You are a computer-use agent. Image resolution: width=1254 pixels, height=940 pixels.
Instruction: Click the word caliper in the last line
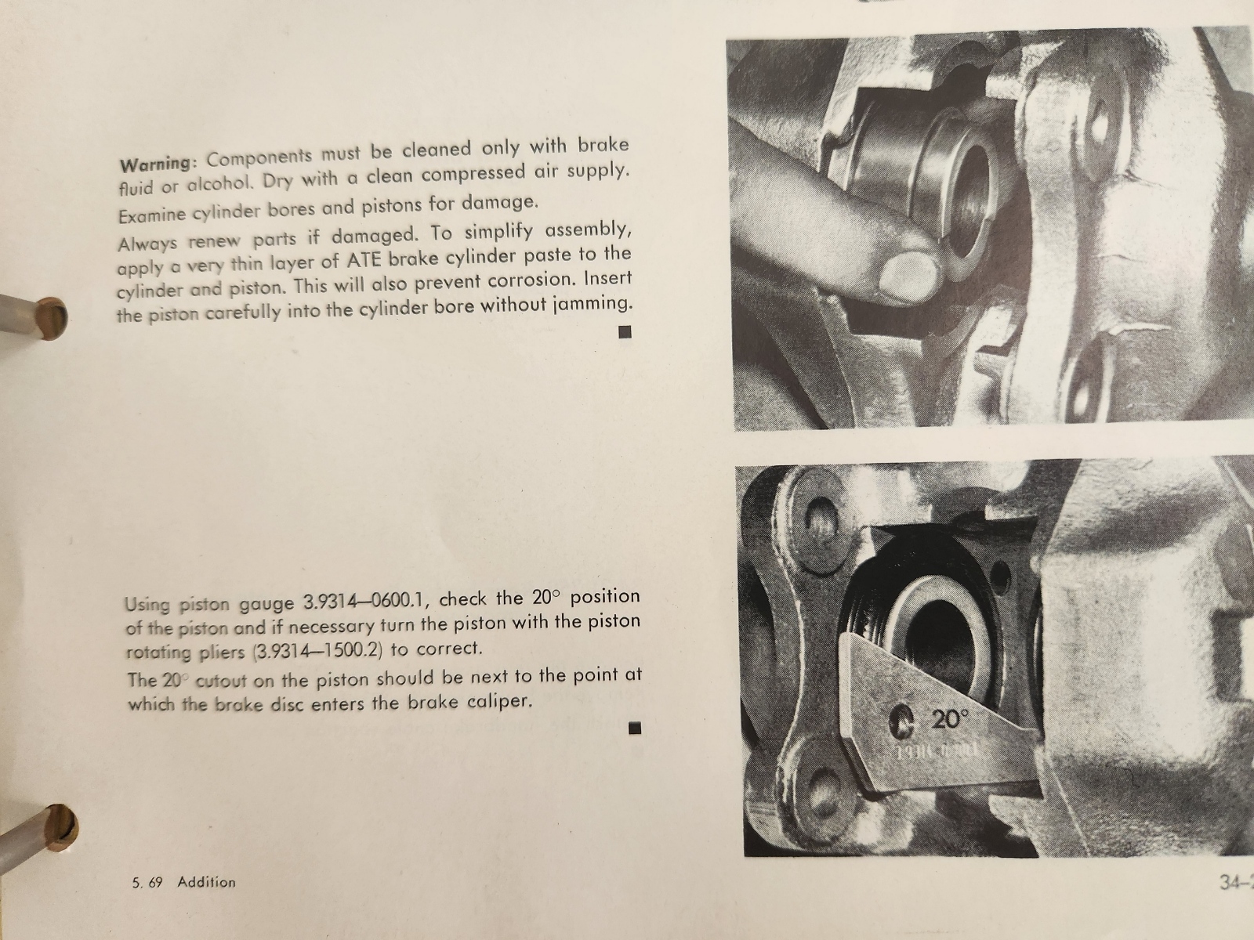pos(500,702)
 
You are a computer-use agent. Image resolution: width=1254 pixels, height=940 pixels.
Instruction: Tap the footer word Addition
pos(206,882)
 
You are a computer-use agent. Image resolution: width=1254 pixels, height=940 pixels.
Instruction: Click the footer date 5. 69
pos(147,883)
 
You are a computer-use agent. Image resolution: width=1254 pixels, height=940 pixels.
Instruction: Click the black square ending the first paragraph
pos(625,331)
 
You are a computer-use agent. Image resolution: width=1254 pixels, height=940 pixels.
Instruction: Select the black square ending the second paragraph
pos(634,728)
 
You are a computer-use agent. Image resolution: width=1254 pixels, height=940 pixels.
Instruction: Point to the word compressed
pos(471,173)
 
